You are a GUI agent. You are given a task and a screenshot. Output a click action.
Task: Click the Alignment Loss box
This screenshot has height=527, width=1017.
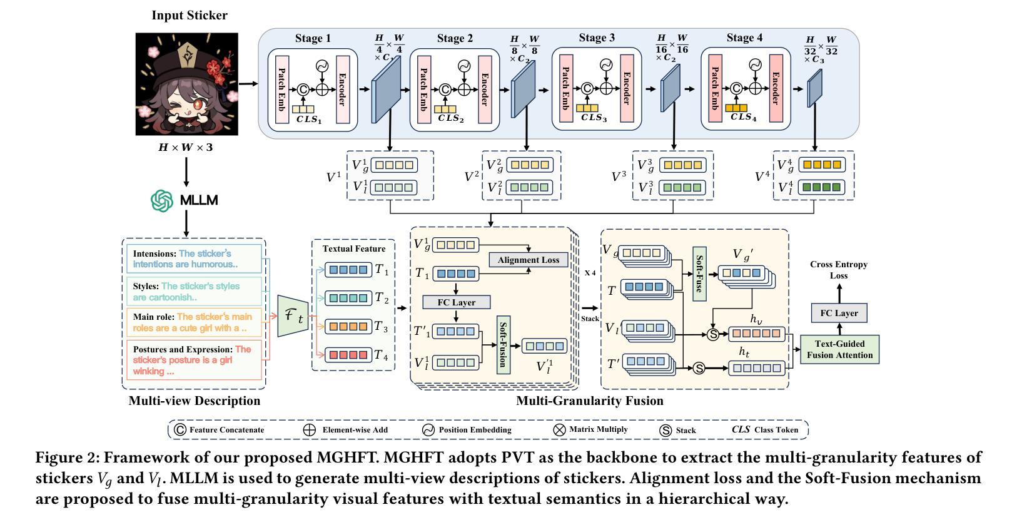point(529,260)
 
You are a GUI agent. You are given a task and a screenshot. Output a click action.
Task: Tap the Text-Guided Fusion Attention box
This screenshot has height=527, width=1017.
point(839,349)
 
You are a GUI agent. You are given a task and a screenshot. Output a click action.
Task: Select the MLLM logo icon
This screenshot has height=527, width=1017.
point(162,200)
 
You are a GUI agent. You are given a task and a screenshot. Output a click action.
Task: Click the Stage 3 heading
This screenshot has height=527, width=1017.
point(597,38)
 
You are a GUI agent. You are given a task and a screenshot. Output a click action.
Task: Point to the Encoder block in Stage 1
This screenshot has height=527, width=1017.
point(343,90)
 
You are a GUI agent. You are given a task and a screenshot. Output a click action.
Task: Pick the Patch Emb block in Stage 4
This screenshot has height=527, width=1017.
point(715,88)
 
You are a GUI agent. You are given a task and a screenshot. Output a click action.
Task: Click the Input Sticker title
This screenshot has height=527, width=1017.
point(190,16)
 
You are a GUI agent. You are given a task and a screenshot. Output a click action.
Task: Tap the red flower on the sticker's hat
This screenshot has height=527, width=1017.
point(216,72)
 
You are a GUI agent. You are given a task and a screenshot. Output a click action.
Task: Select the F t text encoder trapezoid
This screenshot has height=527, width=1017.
point(293,315)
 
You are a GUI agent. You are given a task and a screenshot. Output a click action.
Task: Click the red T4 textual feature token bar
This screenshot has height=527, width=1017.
point(348,354)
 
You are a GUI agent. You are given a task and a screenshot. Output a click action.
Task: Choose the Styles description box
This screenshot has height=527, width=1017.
point(195,292)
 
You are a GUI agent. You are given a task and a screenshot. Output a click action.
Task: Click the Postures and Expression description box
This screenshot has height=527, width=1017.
point(195,360)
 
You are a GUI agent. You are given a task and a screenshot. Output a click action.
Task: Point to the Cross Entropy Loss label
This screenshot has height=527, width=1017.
point(839,270)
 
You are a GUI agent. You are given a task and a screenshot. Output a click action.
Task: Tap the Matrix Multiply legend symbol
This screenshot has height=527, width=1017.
point(559,430)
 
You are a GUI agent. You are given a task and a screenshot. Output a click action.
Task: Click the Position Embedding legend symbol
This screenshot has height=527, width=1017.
point(428,430)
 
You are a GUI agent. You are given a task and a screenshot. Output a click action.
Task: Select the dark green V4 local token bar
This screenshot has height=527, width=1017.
point(822,187)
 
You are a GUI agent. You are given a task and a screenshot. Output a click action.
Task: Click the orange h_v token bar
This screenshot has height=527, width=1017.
point(756,334)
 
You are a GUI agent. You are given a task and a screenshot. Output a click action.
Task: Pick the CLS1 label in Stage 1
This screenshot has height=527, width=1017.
point(309,120)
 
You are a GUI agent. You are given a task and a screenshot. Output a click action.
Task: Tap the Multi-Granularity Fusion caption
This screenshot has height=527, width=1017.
point(590,401)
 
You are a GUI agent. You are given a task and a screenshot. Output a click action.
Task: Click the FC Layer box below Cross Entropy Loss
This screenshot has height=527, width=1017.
point(839,313)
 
